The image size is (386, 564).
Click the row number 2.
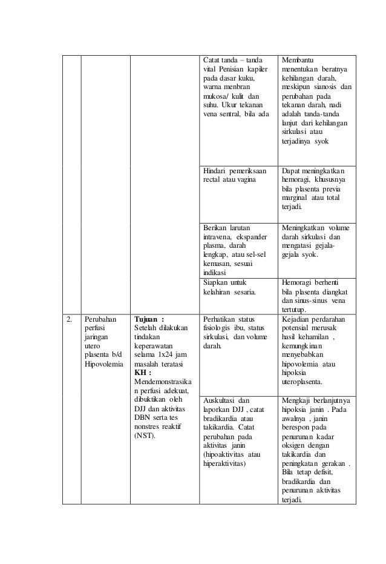click(70, 318)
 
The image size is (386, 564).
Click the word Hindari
click(217, 171)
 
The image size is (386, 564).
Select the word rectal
click(212, 181)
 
